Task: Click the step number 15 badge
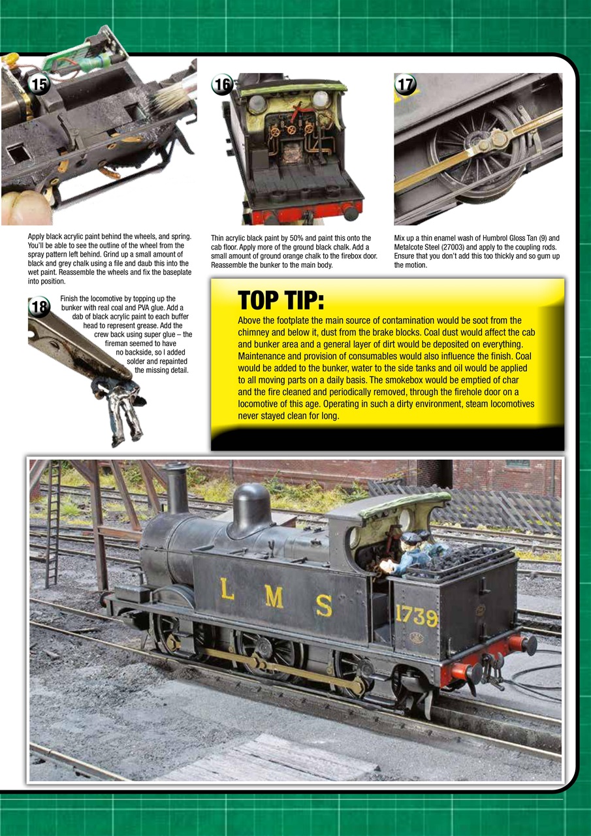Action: [x=40, y=84]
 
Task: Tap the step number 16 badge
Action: [x=223, y=84]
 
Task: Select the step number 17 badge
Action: [x=406, y=84]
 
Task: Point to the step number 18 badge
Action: [x=40, y=306]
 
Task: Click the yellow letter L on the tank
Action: [x=227, y=588]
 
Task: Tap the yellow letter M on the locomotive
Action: [x=274, y=597]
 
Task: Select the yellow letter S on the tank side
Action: [x=323, y=605]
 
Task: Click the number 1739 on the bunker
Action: [x=416, y=615]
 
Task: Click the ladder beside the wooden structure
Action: [x=52, y=529]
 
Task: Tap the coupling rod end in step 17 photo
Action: [x=500, y=138]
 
